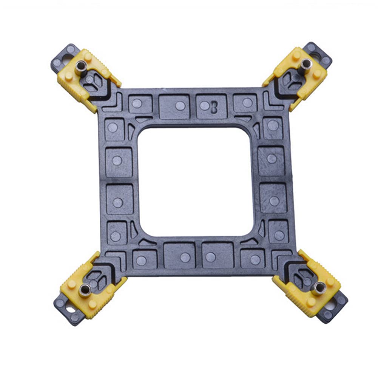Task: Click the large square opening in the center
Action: [195, 181]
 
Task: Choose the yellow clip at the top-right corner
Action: [298, 77]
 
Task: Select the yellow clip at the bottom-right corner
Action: [308, 283]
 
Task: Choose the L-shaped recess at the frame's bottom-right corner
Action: [279, 258]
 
